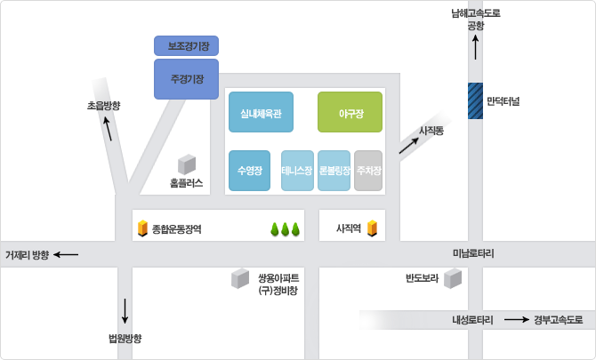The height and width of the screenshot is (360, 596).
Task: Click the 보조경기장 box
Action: click(x=187, y=45)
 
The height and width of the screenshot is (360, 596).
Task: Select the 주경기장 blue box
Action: click(x=187, y=79)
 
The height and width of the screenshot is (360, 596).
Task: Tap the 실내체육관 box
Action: click(x=261, y=112)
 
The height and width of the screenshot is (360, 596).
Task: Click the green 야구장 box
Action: click(x=350, y=112)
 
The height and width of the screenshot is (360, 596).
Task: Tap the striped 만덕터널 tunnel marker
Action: click(x=475, y=100)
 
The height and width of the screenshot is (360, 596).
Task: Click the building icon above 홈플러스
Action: click(x=187, y=164)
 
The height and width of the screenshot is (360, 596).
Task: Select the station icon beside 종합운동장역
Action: click(x=141, y=228)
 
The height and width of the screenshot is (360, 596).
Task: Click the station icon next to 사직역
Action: click(x=372, y=228)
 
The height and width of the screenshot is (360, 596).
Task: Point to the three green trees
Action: click(x=286, y=229)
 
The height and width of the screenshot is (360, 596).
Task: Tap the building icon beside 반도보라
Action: click(x=454, y=279)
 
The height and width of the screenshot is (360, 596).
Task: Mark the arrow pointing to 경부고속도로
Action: click(x=516, y=319)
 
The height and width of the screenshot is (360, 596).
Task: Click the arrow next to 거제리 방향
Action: click(x=66, y=255)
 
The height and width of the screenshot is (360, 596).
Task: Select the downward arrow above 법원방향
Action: click(x=125, y=310)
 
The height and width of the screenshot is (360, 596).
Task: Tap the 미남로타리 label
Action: click(x=473, y=254)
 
